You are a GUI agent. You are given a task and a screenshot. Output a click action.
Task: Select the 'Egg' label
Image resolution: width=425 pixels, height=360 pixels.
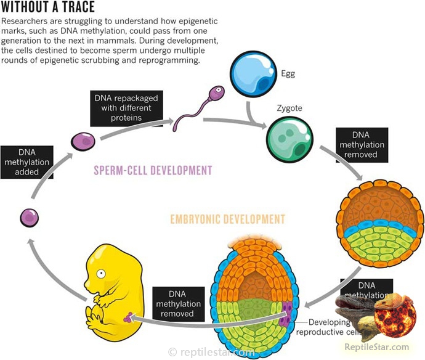click(x=288, y=74)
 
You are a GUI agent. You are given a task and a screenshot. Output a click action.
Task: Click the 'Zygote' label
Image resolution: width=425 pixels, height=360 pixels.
click(x=289, y=108)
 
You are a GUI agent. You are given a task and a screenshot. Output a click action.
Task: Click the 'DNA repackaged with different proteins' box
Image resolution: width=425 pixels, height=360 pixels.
click(x=126, y=108)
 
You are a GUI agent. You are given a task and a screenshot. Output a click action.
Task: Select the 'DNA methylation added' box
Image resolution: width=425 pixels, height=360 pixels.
click(x=27, y=162)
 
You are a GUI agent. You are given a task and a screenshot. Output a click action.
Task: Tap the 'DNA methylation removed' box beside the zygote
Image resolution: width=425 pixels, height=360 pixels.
click(x=362, y=144)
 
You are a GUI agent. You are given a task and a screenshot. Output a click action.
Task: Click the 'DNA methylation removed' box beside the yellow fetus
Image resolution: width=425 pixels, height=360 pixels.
click(x=178, y=303)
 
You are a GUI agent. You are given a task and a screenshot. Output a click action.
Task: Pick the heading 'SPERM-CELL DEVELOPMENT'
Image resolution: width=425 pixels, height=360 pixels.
click(x=153, y=170)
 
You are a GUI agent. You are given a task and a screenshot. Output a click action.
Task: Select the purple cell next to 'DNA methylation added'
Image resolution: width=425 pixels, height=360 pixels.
click(x=30, y=217)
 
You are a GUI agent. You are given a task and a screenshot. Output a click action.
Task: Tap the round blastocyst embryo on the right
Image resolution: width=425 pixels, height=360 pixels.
click(x=379, y=224)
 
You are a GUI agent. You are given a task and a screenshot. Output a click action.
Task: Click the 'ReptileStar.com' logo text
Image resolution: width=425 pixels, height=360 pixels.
click(x=386, y=347)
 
